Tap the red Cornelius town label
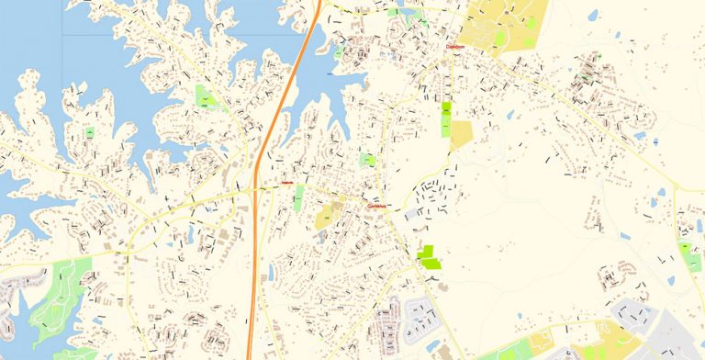click(x=377, y=207)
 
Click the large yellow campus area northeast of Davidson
click(x=500, y=23)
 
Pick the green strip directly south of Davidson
click(x=446, y=120)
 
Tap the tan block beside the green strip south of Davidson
click(x=461, y=135)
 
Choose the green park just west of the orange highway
click(x=210, y=96)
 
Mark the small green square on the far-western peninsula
click(x=90, y=133)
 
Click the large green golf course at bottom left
click(x=60, y=294)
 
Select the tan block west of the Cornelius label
click(x=326, y=218)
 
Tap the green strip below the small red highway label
click(x=297, y=198)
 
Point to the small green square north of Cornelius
click(x=367, y=160)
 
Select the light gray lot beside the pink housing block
click(x=421, y=317)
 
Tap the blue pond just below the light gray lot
click(x=432, y=345)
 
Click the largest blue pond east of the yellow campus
click(x=592, y=16)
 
